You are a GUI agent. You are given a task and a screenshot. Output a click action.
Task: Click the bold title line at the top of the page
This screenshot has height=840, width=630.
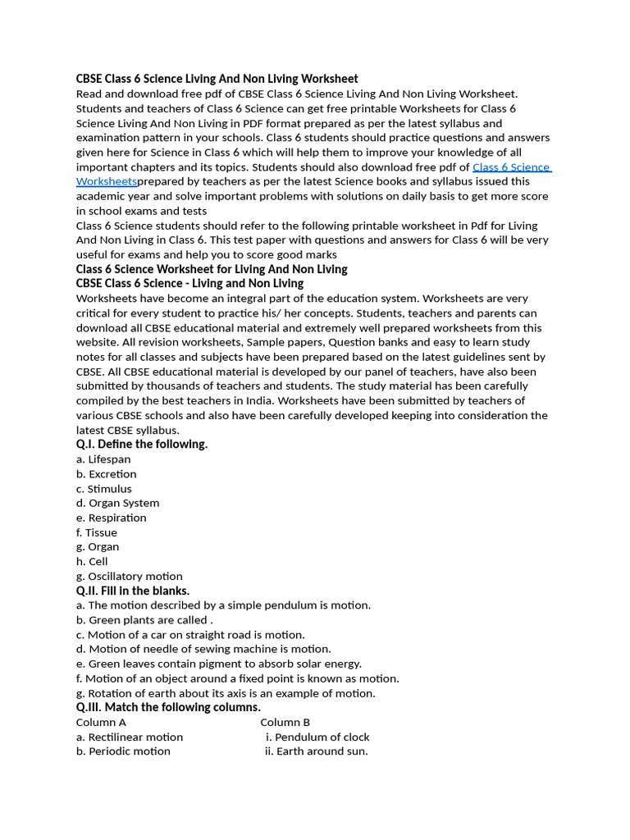[x=217, y=79]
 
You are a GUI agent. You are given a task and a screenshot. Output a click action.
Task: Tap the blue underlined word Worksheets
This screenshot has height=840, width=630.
[x=106, y=181]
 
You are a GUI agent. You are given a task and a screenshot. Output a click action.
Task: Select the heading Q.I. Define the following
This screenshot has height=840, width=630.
[x=142, y=444]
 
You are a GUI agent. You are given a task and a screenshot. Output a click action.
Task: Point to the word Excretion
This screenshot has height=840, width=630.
[x=112, y=474]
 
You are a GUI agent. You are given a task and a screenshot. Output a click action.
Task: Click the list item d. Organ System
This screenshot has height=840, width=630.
[x=117, y=503]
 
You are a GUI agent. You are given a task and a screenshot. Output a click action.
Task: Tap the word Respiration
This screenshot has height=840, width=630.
[x=117, y=518]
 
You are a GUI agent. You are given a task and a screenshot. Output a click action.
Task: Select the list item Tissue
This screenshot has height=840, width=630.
[x=97, y=532]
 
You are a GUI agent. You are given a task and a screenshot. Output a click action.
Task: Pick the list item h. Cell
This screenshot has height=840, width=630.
[x=92, y=562]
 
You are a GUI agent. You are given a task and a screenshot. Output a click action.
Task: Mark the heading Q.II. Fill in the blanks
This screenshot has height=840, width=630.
[x=133, y=591]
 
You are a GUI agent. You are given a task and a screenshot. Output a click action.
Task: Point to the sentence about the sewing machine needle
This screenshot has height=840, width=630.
[x=203, y=649]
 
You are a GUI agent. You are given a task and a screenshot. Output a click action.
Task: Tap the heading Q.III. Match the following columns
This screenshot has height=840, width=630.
[x=168, y=707]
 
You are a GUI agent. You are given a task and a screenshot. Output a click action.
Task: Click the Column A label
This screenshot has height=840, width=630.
[x=101, y=723]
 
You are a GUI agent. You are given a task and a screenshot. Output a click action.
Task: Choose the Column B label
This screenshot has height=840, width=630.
[x=285, y=723]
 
